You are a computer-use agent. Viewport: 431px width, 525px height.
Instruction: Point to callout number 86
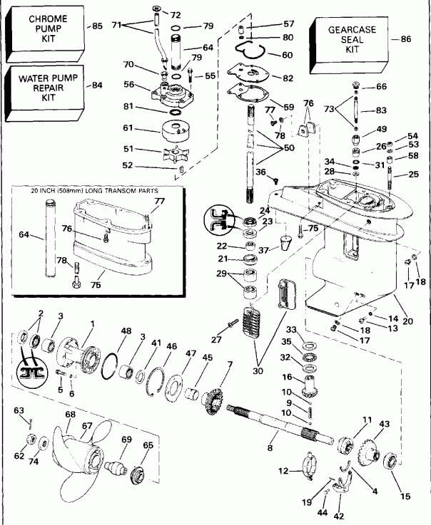click(x=406, y=40)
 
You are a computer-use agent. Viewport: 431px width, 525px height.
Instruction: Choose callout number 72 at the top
click(x=176, y=14)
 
